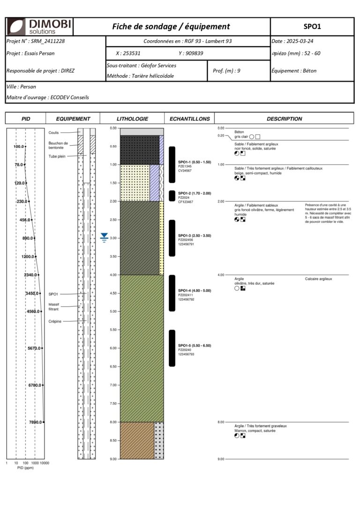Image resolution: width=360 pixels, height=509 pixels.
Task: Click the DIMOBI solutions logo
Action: click(39, 26)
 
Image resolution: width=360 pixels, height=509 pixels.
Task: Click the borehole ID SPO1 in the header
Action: click(312, 27)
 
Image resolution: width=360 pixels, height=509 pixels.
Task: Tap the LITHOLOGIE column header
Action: click(132, 119)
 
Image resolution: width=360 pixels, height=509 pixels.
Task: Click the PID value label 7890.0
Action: click(35, 422)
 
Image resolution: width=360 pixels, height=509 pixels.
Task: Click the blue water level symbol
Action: click(104, 238)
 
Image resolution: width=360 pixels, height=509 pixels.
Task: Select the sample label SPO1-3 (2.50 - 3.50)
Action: click(195, 235)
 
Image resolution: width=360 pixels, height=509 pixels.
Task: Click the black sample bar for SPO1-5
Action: click(172, 348)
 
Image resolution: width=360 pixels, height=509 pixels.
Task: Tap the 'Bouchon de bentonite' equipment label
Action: click(58, 145)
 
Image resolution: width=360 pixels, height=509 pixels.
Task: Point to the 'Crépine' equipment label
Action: click(55, 322)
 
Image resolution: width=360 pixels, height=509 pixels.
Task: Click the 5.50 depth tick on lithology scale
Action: click(113, 330)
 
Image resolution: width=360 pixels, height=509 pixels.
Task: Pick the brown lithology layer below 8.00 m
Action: click(137, 440)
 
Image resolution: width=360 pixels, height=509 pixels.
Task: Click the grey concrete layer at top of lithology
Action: click(142, 132)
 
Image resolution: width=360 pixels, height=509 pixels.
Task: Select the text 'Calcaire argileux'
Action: click(318, 279)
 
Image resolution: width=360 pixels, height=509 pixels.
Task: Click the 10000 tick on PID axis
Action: click(45, 463)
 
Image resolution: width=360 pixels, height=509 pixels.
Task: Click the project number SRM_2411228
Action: click(49, 41)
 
